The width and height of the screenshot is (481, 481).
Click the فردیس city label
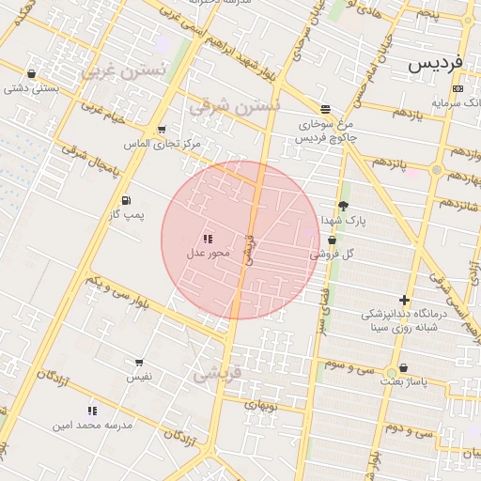point(436,65)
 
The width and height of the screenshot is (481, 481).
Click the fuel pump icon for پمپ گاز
point(126,201)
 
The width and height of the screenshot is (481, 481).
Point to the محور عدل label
point(208,253)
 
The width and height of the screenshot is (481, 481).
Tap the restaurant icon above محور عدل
point(207,239)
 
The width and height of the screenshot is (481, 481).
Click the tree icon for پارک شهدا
point(343,206)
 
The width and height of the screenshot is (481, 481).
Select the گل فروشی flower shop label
point(332,254)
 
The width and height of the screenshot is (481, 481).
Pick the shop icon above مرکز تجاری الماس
point(162,130)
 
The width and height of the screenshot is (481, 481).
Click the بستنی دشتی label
point(31,89)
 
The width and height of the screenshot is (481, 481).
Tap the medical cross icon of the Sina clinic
point(404,301)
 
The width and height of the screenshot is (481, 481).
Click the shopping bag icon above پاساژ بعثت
point(404,368)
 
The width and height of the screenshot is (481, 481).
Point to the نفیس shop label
point(140,376)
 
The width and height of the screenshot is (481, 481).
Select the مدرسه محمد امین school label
point(93,426)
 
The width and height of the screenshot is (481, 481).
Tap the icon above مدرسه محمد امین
point(92,411)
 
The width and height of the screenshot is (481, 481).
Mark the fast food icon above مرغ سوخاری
point(325,109)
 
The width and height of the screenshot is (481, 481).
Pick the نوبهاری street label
point(261,406)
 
